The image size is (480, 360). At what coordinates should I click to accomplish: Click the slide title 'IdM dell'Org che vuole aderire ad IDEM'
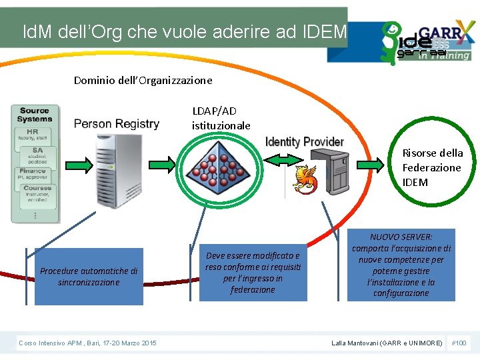point(184,31)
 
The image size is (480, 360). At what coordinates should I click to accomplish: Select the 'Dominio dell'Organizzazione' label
point(143,80)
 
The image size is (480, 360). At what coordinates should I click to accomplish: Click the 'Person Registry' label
point(117,123)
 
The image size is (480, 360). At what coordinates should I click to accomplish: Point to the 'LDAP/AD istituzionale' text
point(221,118)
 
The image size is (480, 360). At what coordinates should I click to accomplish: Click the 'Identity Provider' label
point(305,141)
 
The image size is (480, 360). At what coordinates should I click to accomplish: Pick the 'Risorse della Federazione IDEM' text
point(431,167)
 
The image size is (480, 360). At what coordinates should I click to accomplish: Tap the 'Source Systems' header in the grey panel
point(35,115)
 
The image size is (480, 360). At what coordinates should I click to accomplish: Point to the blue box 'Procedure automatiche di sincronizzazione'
point(89,277)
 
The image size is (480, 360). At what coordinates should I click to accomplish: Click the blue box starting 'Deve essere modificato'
point(253,273)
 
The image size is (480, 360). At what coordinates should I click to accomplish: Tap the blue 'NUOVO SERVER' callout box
point(401,265)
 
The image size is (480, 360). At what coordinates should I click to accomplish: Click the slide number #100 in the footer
point(459,343)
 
